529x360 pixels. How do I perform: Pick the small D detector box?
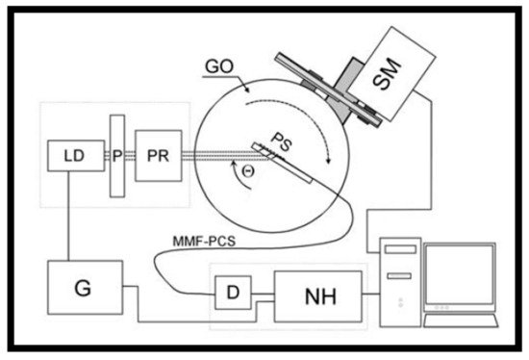point(229,292)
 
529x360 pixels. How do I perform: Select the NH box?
point(317,292)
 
